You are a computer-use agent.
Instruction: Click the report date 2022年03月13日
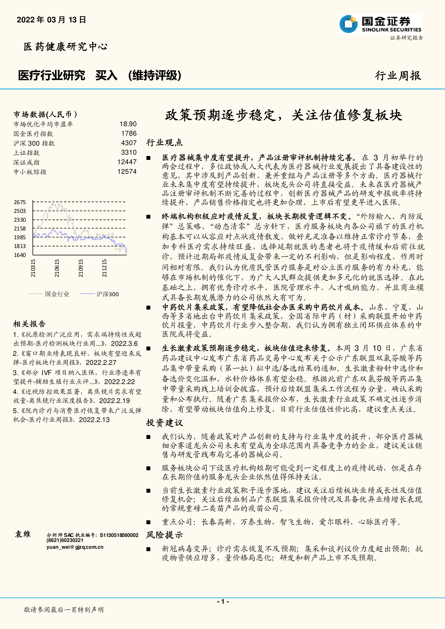tap(51, 20)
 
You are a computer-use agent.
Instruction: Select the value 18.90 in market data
tap(128, 124)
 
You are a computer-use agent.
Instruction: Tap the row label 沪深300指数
tap(34, 143)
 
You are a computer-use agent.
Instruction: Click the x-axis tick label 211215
tap(104, 268)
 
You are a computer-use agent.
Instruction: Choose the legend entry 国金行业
tap(57, 294)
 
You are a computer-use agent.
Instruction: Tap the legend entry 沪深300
tap(107, 294)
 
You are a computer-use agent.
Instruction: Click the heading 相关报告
tap(29, 324)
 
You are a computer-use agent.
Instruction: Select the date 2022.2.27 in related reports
tap(101, 363)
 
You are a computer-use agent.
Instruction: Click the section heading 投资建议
tap(164, 423)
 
